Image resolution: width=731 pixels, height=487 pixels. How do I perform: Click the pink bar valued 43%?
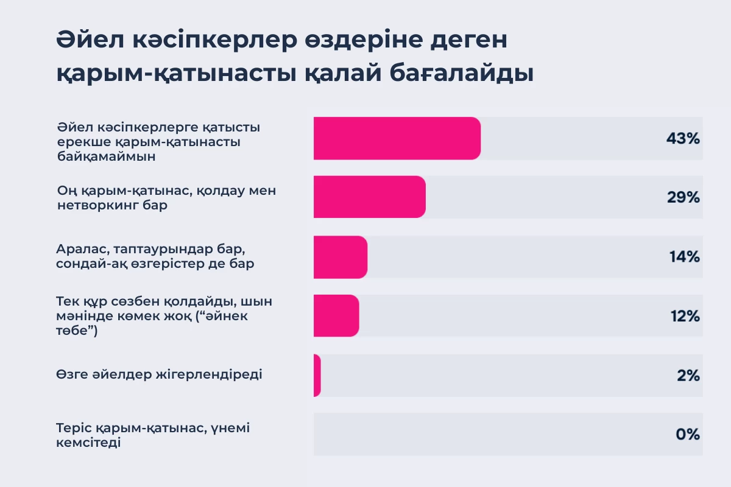397,138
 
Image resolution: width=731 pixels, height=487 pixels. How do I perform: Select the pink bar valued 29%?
369,197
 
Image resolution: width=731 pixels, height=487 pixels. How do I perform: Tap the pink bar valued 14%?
340,257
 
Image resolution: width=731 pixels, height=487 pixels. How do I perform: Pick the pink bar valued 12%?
336,316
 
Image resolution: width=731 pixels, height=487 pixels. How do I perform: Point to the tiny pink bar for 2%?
317,376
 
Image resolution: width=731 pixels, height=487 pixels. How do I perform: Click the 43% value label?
683,138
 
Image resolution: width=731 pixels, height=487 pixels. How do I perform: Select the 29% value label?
683,197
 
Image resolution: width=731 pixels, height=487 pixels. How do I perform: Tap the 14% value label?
684,257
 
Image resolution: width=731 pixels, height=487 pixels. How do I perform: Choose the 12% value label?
684,316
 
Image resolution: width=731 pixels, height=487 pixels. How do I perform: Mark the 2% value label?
688,376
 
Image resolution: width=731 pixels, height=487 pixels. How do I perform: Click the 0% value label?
688,435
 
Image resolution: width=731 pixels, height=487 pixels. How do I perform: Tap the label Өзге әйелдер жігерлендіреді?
159,374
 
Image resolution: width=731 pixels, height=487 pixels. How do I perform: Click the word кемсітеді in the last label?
88,443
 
